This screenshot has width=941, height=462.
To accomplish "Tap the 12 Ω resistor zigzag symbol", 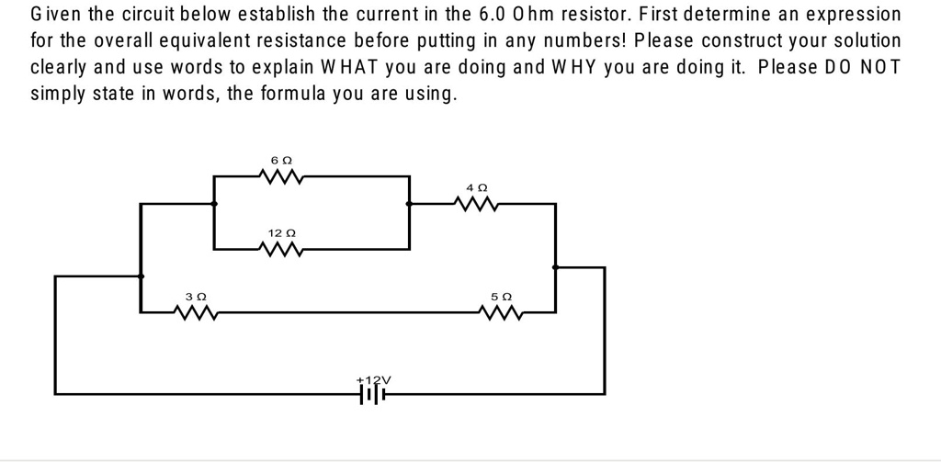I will coord(281,249).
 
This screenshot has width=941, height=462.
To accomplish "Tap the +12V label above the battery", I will coord(373,378).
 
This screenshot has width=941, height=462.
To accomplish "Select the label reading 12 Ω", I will coord(281,233).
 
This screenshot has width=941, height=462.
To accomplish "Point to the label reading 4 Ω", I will coord(476,187).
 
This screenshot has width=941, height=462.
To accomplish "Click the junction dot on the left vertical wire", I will coord(141,275).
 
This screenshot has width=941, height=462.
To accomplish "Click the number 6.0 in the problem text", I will coord(496,15).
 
